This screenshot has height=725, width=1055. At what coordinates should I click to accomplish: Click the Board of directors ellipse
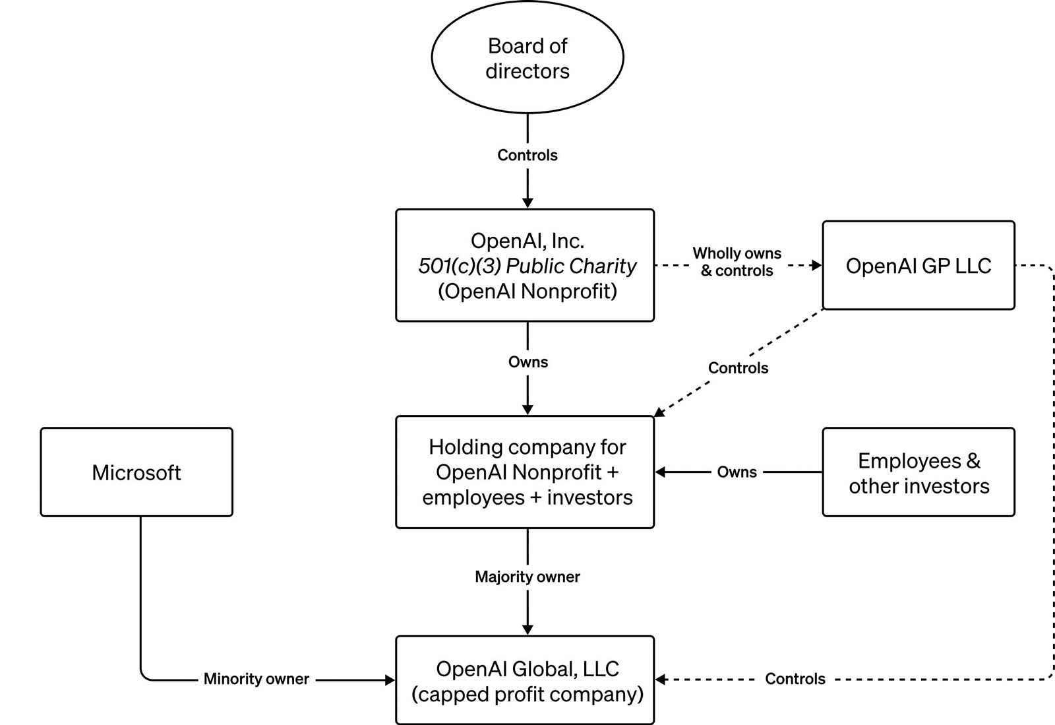point(527,58)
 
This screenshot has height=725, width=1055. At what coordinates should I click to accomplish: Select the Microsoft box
point(136,472)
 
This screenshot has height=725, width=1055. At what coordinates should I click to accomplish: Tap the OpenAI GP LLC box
point(919,265)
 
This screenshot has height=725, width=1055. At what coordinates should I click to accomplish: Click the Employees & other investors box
point(919,472)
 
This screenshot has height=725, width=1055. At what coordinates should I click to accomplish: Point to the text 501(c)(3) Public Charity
point(527,266)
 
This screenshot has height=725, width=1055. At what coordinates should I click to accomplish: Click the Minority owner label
point(256,679)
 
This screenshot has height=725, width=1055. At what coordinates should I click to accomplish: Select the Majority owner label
point(527,577)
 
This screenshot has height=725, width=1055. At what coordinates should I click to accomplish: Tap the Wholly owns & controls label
point(737,262)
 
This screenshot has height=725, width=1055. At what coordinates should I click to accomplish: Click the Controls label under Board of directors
point(527,155)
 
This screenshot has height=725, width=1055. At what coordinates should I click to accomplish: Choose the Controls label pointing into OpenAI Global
point(795,679)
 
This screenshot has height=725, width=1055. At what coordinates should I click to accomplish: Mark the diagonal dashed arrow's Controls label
point(738,368)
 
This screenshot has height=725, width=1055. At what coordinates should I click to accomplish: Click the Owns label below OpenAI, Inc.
point(527,362)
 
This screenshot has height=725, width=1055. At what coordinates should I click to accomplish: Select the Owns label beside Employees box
point(737,472)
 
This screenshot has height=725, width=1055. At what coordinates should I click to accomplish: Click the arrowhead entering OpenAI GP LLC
point(817,265)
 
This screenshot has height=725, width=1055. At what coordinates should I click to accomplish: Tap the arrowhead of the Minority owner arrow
point(390,679)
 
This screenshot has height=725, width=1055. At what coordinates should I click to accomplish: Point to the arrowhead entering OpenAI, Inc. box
point(527,203)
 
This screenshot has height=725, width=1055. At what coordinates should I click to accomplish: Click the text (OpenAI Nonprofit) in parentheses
point(527,291)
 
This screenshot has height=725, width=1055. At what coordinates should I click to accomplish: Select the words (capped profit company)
point(527,695)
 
